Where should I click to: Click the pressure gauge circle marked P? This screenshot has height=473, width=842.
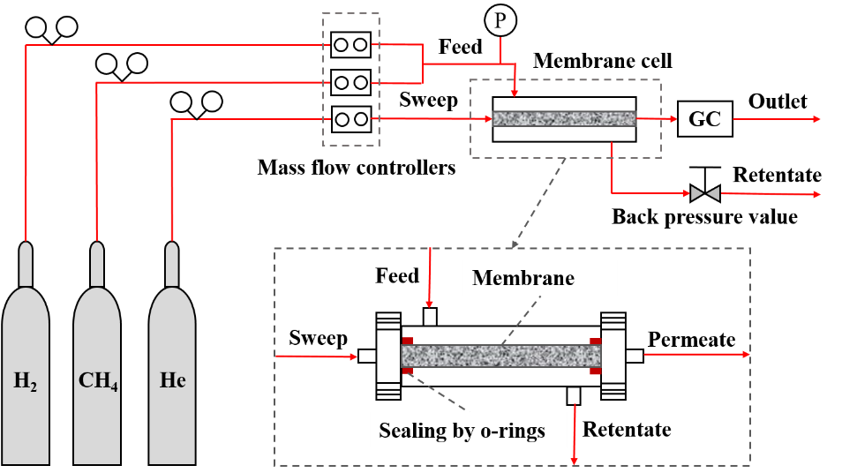pos(500,20)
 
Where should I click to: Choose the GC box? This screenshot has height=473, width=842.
pos(704,119)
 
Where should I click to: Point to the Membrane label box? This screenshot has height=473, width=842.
pos(539,278)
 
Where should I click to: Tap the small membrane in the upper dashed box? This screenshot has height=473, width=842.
pos(563,118)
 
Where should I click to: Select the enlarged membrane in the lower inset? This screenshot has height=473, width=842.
pos(501,356)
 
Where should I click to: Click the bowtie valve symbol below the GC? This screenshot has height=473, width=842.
pos(704,193)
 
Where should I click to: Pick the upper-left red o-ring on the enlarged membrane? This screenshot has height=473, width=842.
pos(408,341)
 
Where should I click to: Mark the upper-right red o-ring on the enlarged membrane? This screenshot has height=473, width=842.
pos(596,341)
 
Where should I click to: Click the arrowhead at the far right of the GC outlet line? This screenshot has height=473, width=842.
pos(816,119)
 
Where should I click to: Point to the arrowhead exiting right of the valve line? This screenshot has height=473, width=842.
pos(816,194)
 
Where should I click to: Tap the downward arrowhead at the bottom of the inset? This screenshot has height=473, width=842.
pos(575,460)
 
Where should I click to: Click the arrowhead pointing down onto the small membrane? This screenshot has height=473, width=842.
pos(515,92)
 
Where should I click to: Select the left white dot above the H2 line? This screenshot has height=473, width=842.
pos(35,26)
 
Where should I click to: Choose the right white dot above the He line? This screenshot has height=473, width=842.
pos(212,101)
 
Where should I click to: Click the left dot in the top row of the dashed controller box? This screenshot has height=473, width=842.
pos(340,45)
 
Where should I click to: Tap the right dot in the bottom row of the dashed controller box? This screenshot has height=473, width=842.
pos(360,119)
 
